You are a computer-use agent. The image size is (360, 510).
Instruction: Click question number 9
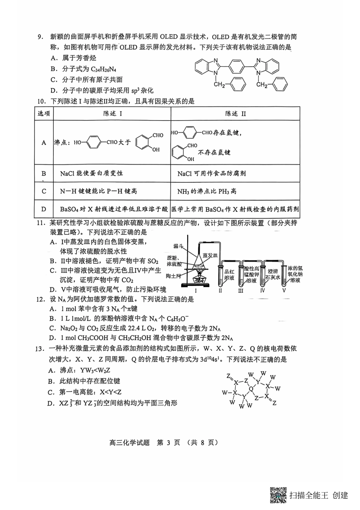[39, 37]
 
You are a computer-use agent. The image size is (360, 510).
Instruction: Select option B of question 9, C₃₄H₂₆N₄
[83, 69]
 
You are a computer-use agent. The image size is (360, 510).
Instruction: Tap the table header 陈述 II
[235, 113]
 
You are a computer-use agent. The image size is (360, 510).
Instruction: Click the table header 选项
[44, 113]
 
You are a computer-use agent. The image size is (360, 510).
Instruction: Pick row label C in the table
[44, 191]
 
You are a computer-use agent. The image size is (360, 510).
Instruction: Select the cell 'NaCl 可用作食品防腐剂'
[211, 173]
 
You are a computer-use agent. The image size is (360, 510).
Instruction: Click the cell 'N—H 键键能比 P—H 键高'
[98, 191]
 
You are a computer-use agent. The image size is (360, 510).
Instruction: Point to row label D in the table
[44, 209]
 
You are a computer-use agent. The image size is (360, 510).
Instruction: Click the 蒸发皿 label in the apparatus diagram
[210, 255]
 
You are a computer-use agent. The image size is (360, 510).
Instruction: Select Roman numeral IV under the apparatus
[263, 291]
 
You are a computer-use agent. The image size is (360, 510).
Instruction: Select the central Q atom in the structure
[251, 388]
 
